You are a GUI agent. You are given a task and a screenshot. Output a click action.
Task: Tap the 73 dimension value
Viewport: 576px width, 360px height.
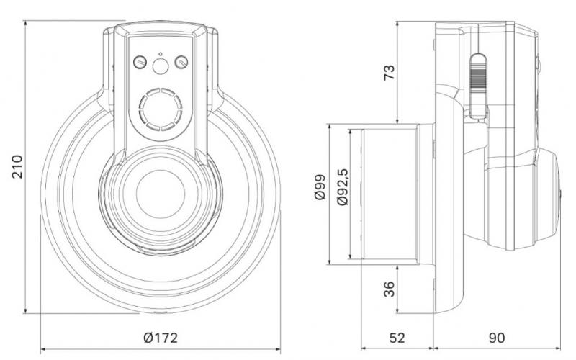pyautogui.click(x=388, y=72)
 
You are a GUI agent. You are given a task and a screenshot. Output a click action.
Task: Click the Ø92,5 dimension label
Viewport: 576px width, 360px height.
pyautogui.click(x=343, y=188)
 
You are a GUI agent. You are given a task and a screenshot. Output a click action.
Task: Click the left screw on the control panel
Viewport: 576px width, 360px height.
pyautogui.click(x=140, y=63)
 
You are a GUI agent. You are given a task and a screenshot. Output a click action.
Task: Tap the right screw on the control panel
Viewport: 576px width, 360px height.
pyautogui.click(x=181, y=63)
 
